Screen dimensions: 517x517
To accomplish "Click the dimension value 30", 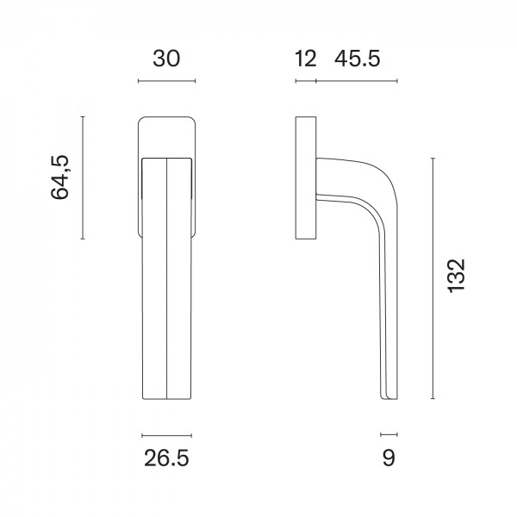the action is tap(166, 59).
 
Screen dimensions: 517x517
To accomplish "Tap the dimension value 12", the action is tap(306, 59).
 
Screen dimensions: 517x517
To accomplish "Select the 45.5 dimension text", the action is tap(357, 59).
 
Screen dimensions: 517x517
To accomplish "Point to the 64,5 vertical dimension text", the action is tap(60, 177).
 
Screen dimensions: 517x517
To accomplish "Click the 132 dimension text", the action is tap(456, 276).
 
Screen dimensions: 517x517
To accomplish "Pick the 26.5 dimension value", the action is tap(166, 458).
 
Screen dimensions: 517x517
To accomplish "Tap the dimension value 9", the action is tap(389, 458).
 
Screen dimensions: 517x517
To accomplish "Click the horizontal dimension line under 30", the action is tap(167, 81).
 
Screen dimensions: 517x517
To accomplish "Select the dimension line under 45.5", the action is tap(357, 81).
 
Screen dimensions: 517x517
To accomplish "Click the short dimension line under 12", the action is tap(306, 81).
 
